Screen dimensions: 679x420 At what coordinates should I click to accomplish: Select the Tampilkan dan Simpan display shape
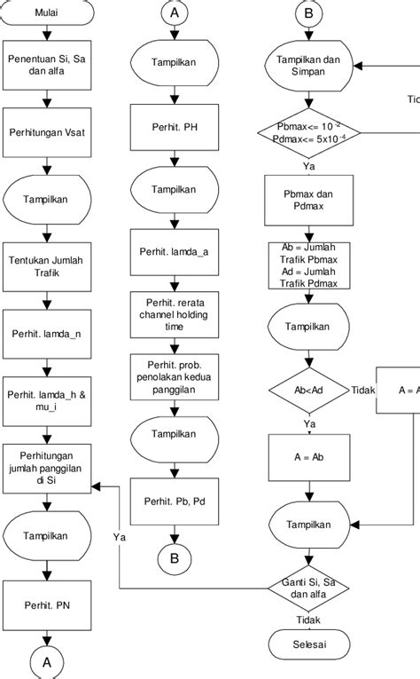[307, 66]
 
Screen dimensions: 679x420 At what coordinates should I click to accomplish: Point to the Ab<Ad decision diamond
[307, 390]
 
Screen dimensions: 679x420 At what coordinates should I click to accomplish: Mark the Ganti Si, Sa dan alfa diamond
[307, 587]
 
